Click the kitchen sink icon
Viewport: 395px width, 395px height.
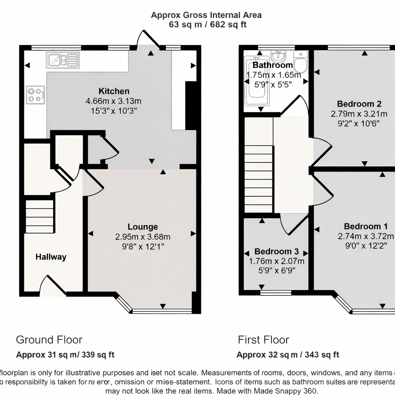coord(62,60)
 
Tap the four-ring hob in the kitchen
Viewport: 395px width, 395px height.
coord(35,95)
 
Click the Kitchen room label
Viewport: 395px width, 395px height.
coord(114,91)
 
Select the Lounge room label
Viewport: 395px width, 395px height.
coord(143,227)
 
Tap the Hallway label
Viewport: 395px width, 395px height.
coord(51,257)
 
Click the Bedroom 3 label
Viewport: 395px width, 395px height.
coord(277,252)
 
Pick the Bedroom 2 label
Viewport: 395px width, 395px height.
coord(359,104)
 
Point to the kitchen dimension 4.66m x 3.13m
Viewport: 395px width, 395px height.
coord(113,101)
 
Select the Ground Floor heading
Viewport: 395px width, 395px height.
coord(49,340)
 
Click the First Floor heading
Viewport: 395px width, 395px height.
coord(263,340)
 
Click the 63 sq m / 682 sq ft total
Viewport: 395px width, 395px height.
coord(208,25)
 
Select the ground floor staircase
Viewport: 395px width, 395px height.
coord(39,216)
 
